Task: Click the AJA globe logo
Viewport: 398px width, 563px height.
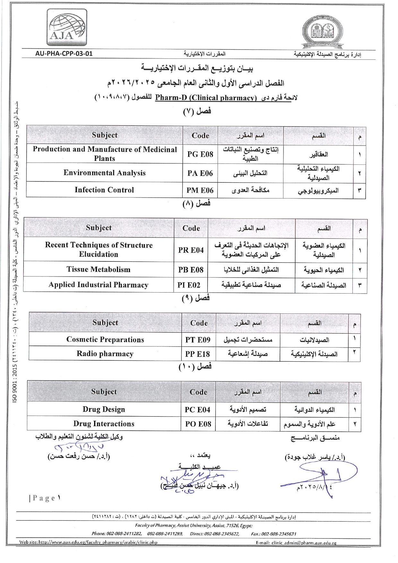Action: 68,28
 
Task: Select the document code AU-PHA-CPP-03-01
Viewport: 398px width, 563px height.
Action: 64,54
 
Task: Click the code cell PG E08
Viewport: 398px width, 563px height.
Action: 200,154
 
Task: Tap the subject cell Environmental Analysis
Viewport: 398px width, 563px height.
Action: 104,173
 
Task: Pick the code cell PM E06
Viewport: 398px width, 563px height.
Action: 200,190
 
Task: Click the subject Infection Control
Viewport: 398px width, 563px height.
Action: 104,190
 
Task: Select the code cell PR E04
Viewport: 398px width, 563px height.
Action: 191,250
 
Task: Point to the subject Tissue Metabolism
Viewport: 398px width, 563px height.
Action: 99,269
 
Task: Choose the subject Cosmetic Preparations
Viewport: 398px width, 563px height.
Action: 105,339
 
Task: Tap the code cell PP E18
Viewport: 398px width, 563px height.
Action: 197,354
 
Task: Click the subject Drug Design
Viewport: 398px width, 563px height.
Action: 104,409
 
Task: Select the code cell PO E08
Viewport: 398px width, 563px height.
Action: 198,424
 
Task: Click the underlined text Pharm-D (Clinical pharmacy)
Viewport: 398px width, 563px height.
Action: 206,98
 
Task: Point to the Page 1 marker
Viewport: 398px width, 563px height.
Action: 45,498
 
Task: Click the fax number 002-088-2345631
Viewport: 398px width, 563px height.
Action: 278,534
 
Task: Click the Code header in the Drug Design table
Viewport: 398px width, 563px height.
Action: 198,392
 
